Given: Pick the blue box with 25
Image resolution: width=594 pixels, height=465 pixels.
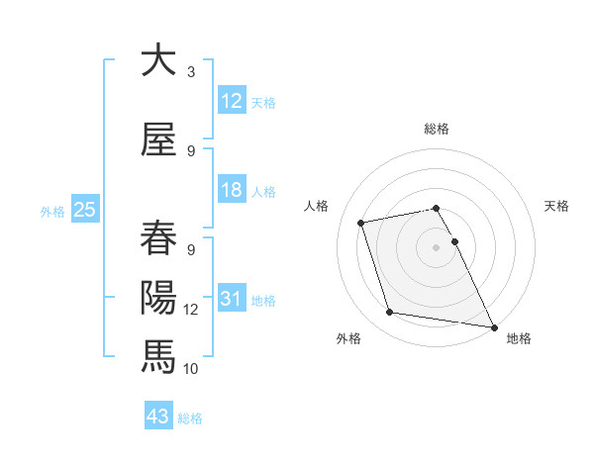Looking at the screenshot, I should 84,210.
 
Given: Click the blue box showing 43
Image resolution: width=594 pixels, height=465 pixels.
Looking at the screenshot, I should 158,418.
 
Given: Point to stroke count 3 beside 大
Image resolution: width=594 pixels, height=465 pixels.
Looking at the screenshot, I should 191,71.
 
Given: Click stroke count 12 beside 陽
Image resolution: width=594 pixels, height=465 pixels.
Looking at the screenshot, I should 191,310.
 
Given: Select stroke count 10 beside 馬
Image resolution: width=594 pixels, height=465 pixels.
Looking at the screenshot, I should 191,368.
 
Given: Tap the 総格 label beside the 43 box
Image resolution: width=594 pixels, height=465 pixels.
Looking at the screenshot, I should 190,418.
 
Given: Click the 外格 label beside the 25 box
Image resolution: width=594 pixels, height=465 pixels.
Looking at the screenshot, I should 51,211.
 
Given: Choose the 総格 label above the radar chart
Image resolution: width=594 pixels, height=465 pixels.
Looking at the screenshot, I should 436,129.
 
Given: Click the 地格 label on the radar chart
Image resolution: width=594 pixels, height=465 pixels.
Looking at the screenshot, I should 519,338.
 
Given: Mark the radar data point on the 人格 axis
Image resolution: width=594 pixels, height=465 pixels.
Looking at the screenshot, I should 361,222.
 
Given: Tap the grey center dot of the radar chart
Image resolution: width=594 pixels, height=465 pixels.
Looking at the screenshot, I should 436,246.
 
